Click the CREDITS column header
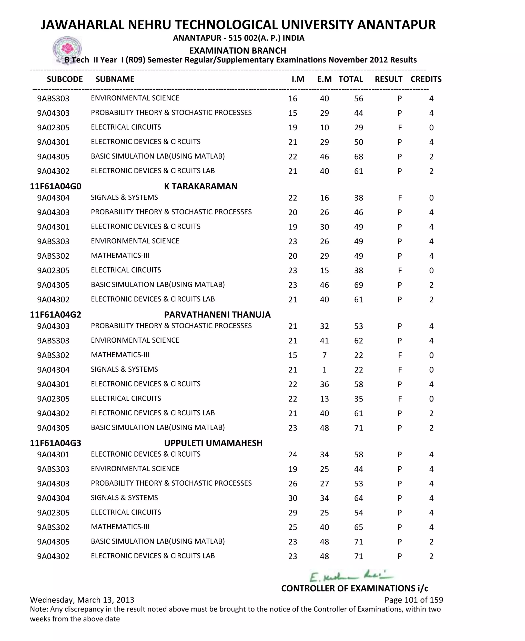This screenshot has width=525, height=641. [426, 79]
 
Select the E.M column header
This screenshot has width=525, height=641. [324, 79]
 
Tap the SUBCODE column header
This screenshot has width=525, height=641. [65, 79]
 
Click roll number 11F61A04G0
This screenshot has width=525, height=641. [56, 186]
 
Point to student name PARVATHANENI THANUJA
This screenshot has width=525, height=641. [217, 314]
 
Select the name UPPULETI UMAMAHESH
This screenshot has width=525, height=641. [213, 443]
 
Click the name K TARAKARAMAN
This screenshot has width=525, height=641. [200, 186]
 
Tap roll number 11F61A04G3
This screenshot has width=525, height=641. [56, 443]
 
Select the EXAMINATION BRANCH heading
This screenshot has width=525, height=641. [238, 50]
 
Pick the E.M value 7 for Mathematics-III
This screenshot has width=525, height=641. [324, 355]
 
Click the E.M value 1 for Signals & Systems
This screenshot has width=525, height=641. [324, 370]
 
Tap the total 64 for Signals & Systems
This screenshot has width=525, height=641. [358, 498]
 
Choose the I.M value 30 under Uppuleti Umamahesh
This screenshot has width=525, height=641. [292, 498]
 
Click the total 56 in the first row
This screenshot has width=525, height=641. [358, 99]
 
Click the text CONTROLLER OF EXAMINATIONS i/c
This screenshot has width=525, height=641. [355, 588]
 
